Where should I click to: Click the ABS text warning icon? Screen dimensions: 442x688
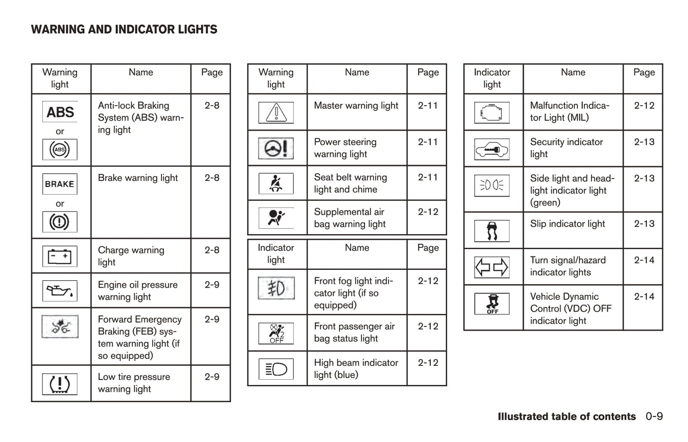click(60, 112)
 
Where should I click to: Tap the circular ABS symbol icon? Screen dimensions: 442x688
click(60, 149)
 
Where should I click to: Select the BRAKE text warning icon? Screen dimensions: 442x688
click(60, 184)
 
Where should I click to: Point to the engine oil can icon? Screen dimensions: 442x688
click(60, 291)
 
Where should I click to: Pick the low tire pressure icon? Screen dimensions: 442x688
click(60, 384)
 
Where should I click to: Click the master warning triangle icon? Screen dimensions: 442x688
click(276, 113)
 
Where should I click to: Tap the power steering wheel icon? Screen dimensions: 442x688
click(276, 148)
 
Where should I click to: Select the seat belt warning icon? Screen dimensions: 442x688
click(276, 184)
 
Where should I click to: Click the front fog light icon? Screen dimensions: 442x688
click(276, 288)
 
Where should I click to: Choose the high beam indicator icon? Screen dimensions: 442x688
click(276, 369)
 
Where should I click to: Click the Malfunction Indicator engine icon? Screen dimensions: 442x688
click(492, 113)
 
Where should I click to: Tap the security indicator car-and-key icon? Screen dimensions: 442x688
click(492, 149)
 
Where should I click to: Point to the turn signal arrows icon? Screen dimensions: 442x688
click(492, 267)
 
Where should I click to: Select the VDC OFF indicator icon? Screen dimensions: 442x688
click(492, 304)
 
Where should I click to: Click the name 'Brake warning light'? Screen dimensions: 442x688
click(138, 178)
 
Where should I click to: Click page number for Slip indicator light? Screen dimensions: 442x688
click(644, 224)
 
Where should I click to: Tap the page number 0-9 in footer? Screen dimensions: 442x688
click(654, 416)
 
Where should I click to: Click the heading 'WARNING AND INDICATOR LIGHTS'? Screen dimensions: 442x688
click(124, 29)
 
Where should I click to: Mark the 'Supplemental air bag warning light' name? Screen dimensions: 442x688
click(349, 218)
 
